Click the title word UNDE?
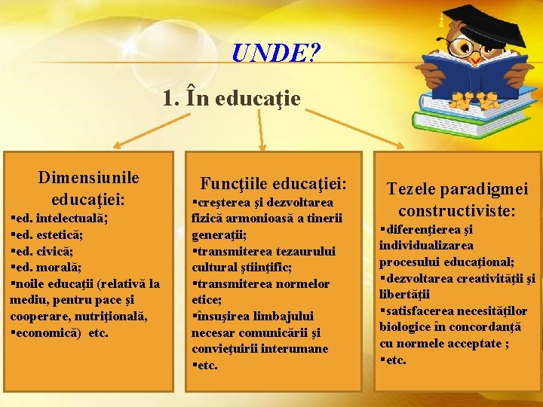pyautogui.click(x=276, y=54)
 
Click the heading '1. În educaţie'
pyautogui.click(x=232, y=98)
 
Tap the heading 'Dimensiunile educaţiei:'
pyautogui.click(x=88, y=188)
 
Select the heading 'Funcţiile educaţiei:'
pyautogui.click(x=273, y=183)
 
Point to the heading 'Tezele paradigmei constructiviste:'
pyautogui.click(x=457, y=200)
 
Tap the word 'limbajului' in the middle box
pyautogui.click(x=287, y=316)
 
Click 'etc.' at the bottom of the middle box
pyautogui.click(x=207, y=366)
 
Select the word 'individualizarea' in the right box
pyautogui.click(x=426, y=245)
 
